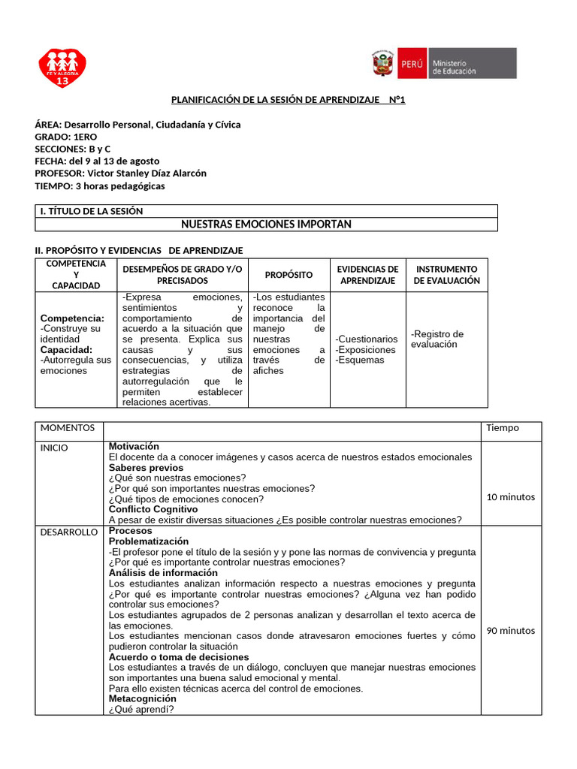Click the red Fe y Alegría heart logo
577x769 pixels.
pyautogui.click(x=63, y=68)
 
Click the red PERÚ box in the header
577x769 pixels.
pyautogui.click(x=412, y=64)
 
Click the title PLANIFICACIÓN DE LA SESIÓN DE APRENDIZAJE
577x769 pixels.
pyautogui.click(x=288, y=100)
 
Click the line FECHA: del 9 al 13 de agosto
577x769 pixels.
pyautogui.click(x=97, y=161)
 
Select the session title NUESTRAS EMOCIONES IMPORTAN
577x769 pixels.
pyautogui.click(x=266, y=225)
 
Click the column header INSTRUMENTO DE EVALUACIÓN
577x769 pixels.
pyautogui.click(x=446, y=275)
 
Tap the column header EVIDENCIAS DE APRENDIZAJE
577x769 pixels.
pyautogui.click(x=367, y=275)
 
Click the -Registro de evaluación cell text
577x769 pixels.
pyautogui.click(x=437, y=339)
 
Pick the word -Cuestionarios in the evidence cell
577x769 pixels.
pyautogui.click(x=367, y=339)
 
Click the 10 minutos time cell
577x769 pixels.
pyautogui.click(x=511, y=497)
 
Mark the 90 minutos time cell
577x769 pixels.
pyautogui.click(x=511, y=631)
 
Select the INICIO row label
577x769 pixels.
pyautogui.click(x=54, y=448)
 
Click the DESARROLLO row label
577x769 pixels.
pyautogui.click(x=69, y=532)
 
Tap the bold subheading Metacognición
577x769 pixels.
pyautogui.click(x=143, y=698)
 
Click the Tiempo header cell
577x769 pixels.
pyautogui.click(x=502, y=428)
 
